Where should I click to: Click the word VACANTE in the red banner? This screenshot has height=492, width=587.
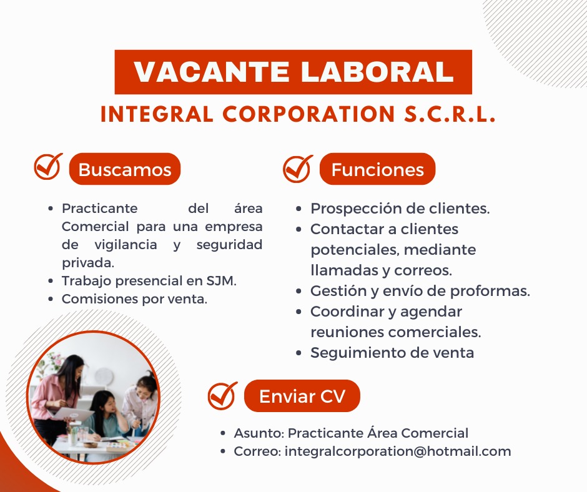point(212,72)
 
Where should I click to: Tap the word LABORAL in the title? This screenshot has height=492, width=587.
point(377,72)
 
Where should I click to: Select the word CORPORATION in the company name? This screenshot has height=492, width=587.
point(308,114)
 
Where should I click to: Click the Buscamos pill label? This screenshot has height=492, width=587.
point(125,169)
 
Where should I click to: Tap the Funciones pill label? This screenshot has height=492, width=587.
point(377,169)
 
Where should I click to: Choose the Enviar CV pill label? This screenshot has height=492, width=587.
point(302,396)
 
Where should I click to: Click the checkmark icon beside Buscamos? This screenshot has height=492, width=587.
point(48,166)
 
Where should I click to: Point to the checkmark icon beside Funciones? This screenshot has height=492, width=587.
point(298,169)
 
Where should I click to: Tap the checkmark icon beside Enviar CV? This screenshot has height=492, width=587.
point(222,395)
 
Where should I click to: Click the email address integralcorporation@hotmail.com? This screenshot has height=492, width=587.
point(398,451)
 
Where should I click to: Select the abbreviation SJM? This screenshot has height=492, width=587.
point(221,280)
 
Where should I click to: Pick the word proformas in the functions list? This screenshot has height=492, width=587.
point(490,292)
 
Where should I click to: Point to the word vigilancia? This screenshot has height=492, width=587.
point(126,245)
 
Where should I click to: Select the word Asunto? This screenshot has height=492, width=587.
point(259,433)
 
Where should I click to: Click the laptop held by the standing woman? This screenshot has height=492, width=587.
point(73,414)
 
